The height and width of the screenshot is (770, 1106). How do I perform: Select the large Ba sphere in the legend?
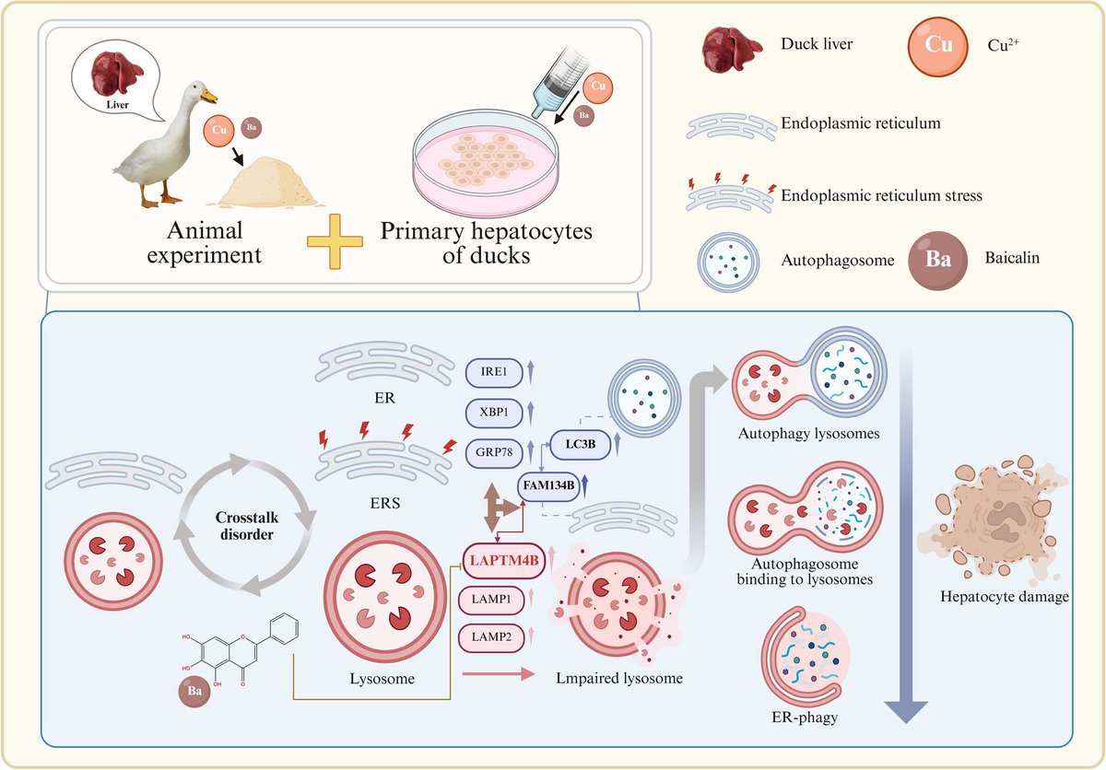(x=938, y=260)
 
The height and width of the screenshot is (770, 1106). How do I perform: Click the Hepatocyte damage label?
(x=1004, y=597)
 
